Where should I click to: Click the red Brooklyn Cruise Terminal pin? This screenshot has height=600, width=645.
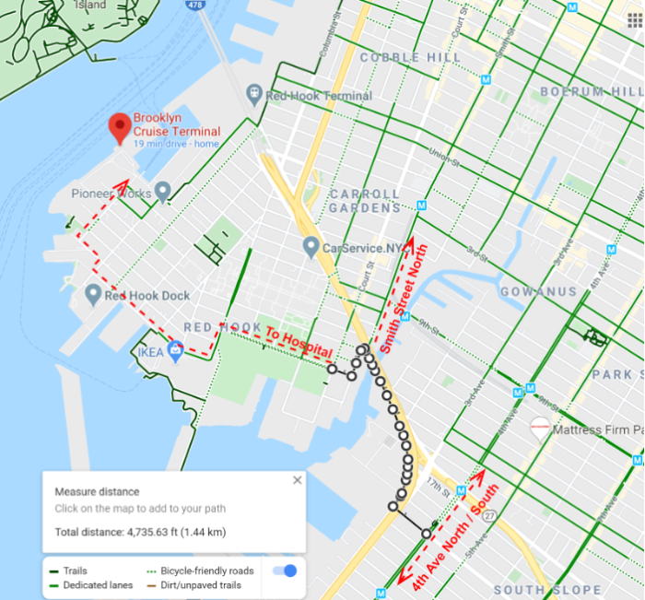click(119, 127)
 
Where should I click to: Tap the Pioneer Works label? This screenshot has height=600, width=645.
click(111, 194)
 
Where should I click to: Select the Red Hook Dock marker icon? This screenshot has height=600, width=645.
click(92, 295)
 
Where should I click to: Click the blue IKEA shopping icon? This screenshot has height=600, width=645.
click(175, 347)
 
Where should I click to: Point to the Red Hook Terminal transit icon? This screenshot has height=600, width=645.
click(252, 94)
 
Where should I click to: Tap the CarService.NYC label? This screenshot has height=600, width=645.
click(363, 248)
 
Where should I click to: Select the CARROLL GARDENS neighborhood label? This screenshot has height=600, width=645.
click(365, 201)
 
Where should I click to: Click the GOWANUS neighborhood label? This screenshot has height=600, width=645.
click(538, 291)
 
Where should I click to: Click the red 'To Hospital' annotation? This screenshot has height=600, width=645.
click(298, 342)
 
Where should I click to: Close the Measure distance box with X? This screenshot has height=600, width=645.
click(297, 480)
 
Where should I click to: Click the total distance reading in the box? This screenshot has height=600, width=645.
click(140, 532)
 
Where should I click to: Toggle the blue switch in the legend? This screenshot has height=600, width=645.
click(284, 571)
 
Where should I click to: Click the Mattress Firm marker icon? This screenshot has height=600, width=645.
click(540, 428)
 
